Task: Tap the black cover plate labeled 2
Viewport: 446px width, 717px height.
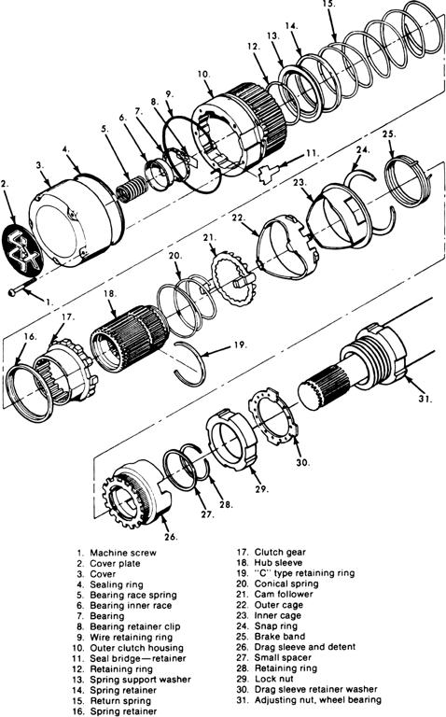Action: tap(22, 251)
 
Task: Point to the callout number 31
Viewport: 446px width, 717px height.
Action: tap(425, 399)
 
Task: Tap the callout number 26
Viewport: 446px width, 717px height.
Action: tap(171, 537)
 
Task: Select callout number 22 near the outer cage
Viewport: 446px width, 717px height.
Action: tap(238, 218)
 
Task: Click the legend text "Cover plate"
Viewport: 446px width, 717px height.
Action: tap(115, 563)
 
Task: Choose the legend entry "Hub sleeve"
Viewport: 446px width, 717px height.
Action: tap(278, 562)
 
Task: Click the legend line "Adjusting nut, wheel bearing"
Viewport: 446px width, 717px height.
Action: tap(317, 699)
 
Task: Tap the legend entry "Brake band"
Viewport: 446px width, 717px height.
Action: tap(280, 636)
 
